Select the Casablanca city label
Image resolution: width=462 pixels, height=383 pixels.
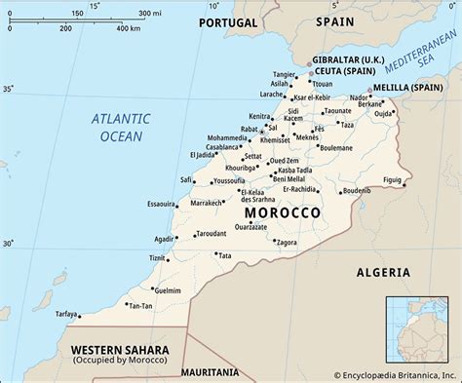pos(222,147)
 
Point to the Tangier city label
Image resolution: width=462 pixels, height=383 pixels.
pos(285,74)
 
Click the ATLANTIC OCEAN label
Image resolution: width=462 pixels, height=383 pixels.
pos(118,128)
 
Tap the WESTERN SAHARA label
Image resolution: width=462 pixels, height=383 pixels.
pos(119,349)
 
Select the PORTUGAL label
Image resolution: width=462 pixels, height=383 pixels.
pos(228,22)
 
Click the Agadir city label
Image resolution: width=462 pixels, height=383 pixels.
pos(165,239)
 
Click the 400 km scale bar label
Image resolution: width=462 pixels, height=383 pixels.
pos(129,28)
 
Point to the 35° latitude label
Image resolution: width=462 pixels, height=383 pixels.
pos(9,89)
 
